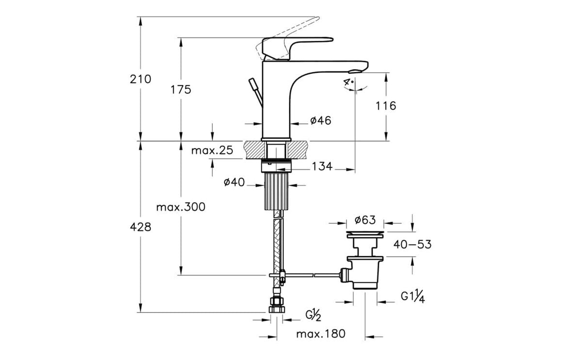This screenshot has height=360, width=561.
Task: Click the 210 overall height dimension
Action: [x=141, y=79]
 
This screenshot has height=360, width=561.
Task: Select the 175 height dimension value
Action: [x=181, y=90]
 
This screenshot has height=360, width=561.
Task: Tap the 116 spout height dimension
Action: [x=386, y=105]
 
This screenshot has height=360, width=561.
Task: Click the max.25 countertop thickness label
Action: [x=212, y=151]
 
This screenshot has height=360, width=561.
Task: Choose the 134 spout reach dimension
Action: [x=322, y=166]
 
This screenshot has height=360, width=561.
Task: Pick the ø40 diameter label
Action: [x=234, y=182]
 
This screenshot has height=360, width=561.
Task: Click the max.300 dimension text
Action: [x=181, y=207]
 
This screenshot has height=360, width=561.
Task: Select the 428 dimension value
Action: [x=141, y=227]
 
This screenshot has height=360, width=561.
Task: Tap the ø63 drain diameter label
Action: [x=365, y=220]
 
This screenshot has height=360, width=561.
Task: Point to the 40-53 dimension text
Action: [x=412, y=245]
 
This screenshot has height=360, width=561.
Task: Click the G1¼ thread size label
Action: [x=412, y=297]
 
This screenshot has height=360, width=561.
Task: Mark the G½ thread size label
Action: [x=313, y=316]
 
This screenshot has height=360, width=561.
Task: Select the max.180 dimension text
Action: [x=321, y=334]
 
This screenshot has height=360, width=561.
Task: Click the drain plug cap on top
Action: [x=365, y=235]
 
